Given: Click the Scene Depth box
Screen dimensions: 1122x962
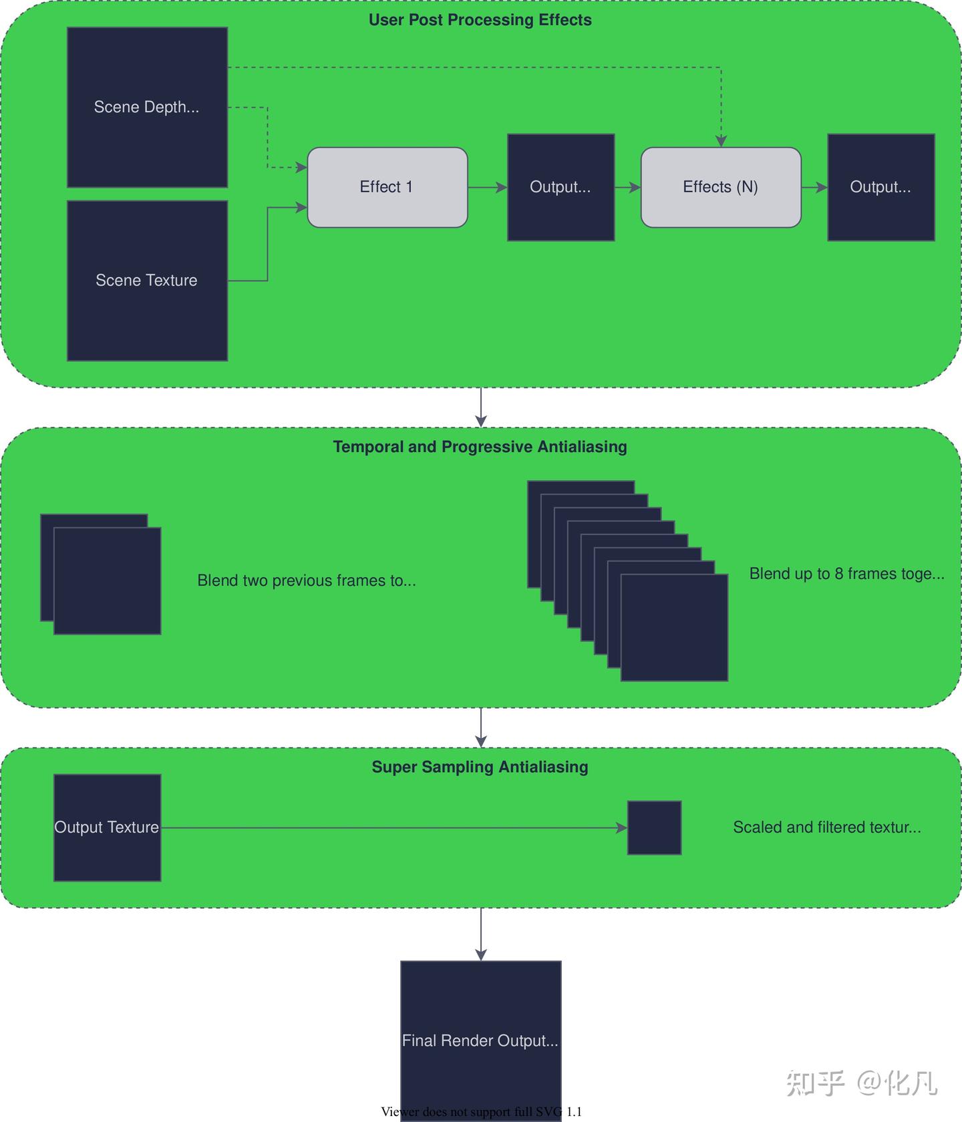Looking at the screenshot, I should [147, 107].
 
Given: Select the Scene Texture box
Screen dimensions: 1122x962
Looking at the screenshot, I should [147, 280].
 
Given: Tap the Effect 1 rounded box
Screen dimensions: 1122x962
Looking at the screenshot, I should [387, 187].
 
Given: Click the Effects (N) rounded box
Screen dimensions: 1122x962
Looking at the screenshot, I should [720, 187].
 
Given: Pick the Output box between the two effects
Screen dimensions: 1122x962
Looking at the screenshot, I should [560, 187].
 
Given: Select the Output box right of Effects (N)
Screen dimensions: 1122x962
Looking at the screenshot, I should [880, 187].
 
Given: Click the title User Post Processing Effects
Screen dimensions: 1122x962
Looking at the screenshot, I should [480, 20].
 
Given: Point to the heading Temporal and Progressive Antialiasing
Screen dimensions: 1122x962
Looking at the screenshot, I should [480, 447].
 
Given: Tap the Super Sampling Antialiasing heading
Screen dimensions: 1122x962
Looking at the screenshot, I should [480, 767].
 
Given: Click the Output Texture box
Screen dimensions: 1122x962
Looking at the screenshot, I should [107, 827].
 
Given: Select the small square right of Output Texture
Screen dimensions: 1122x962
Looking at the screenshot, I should [654, 827].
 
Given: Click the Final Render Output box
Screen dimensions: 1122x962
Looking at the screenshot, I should [480, 1040].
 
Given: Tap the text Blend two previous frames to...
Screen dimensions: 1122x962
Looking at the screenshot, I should [306, 580].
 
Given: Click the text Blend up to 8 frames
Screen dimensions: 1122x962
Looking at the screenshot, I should [846, 574].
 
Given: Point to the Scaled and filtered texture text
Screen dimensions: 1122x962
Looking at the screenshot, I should [826, 827].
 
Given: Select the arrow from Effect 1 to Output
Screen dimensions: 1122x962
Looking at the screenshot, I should [487, 188].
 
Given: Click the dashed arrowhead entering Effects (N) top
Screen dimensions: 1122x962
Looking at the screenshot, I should [721, 141].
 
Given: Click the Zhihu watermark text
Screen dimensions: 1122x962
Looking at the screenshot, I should [861, 1083].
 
